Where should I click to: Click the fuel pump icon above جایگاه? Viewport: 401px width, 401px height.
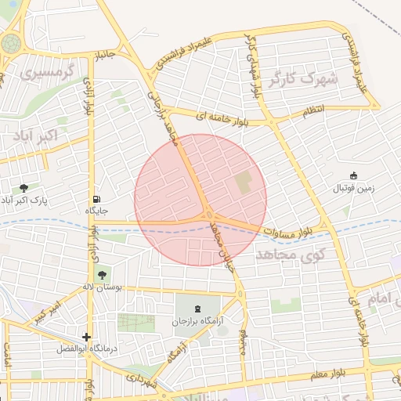tap(96, 199)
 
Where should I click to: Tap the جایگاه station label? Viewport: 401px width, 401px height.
tap(96, 211)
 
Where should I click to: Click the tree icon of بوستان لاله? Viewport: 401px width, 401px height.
tap(100, 274)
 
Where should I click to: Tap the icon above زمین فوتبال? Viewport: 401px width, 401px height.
tap(353, 176)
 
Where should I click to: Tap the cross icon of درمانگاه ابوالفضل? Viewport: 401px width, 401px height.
tap(86, 337)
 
